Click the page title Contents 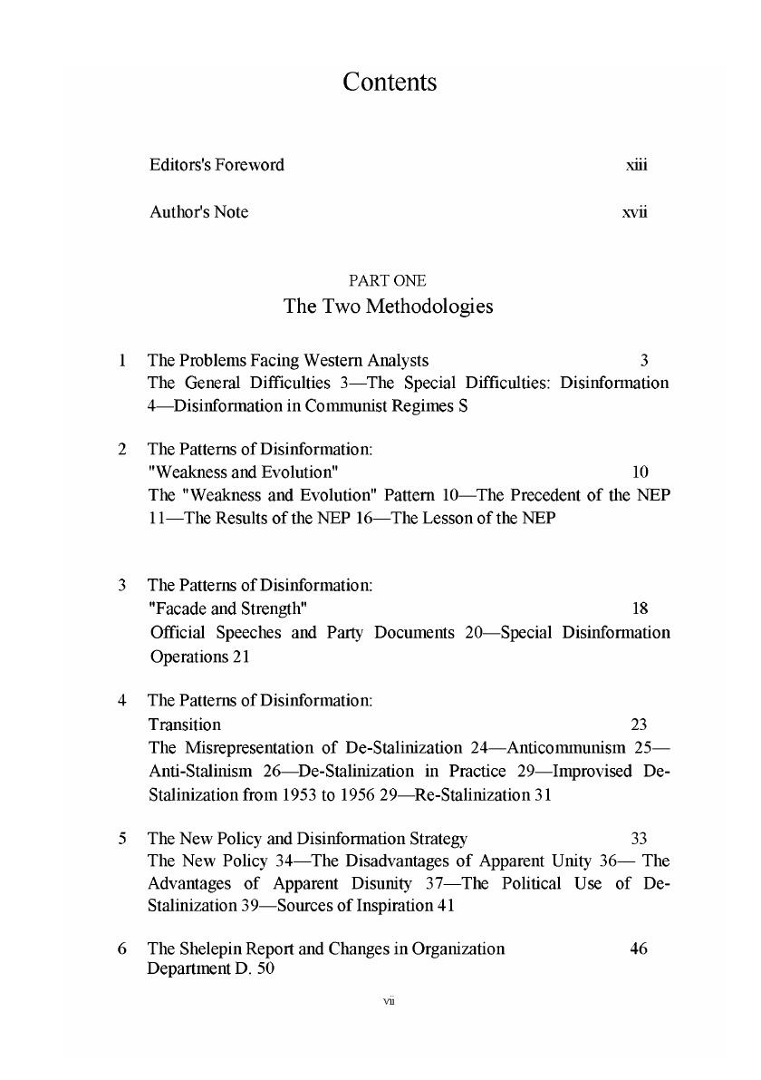point(390,83)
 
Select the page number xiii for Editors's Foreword point(636,165)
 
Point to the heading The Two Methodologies point(389,306)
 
